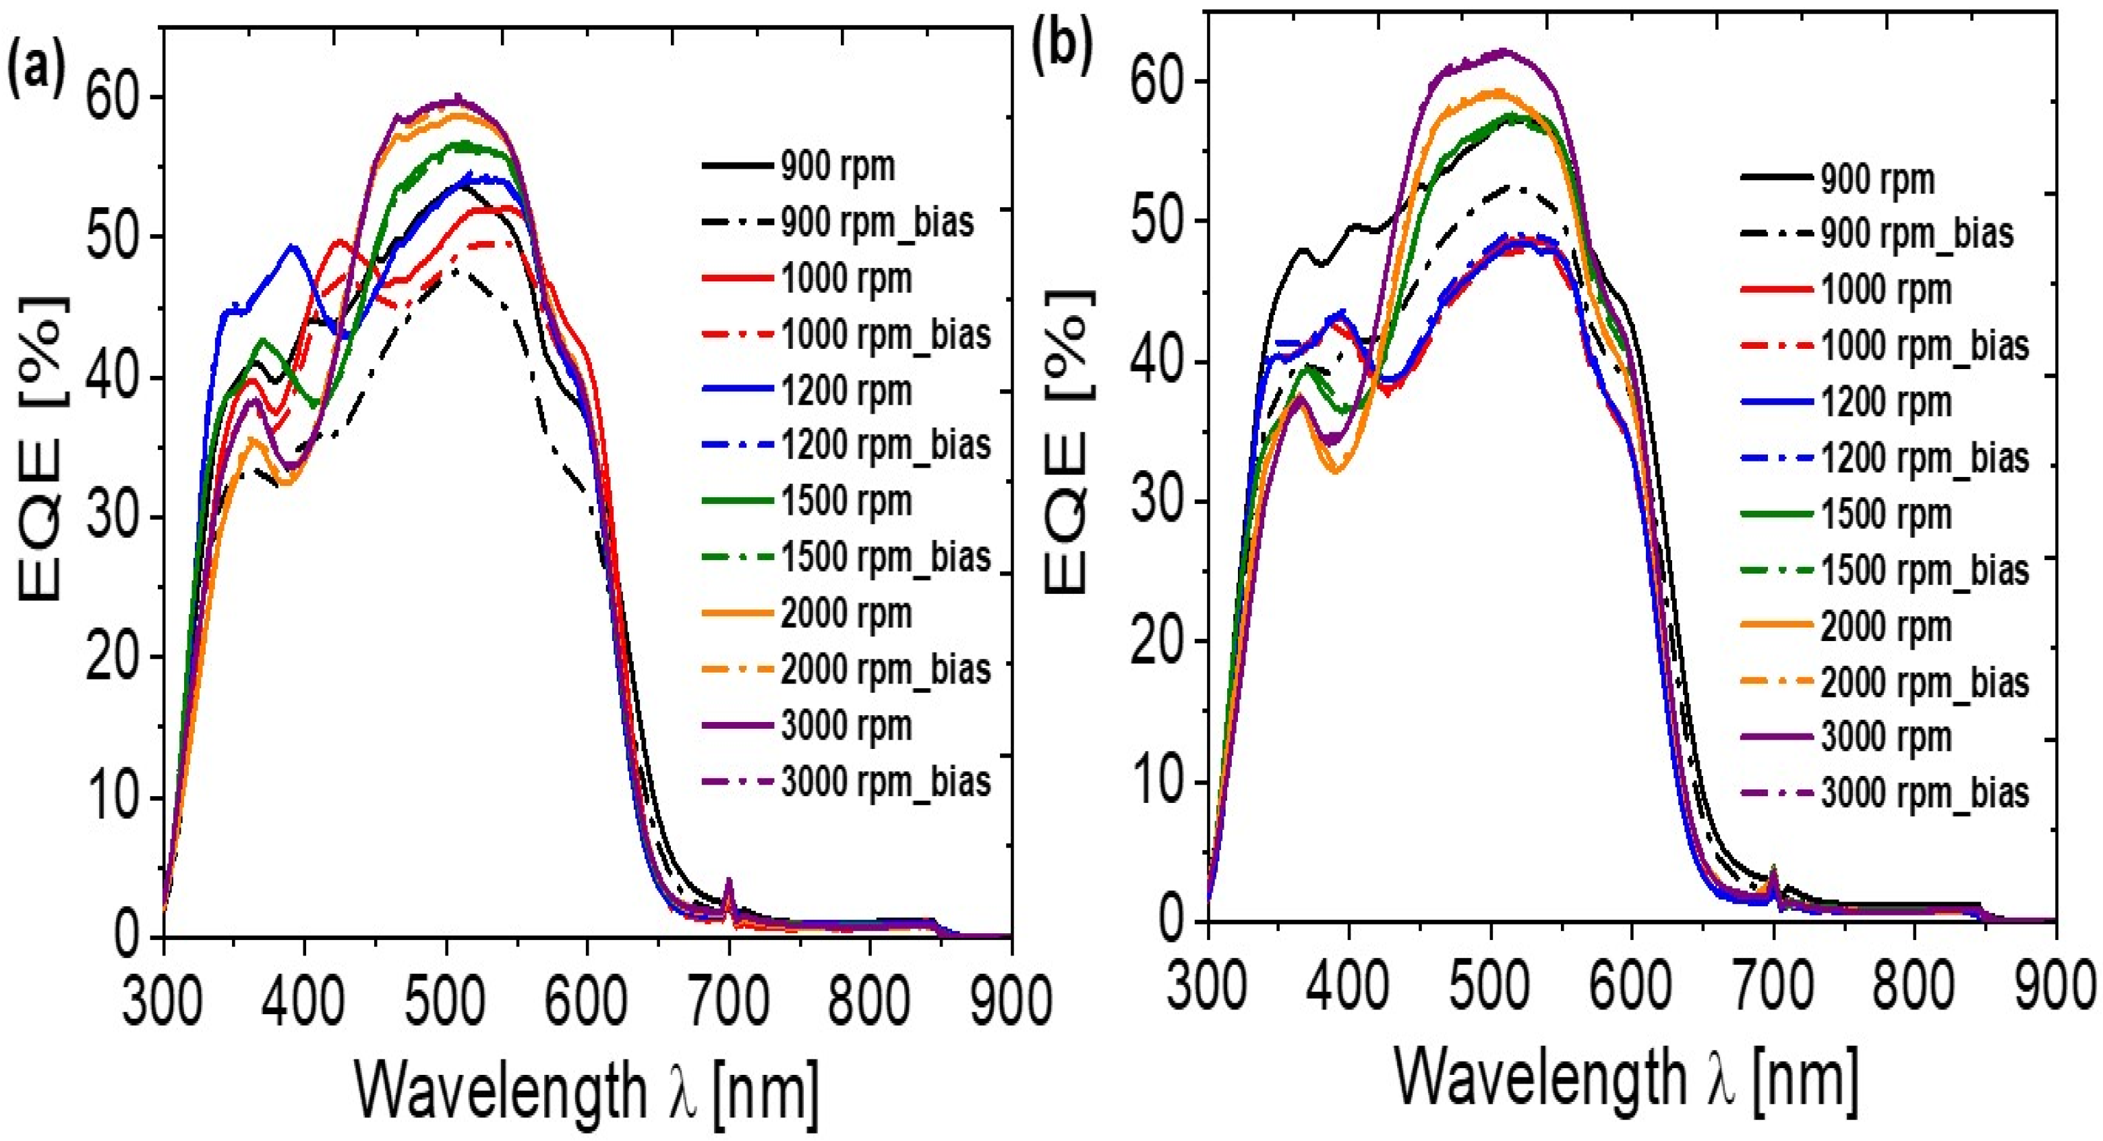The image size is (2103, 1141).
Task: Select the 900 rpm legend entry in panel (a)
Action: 837,167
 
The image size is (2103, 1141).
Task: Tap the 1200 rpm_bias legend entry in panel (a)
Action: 886,445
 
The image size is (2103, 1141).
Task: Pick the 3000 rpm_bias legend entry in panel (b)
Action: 1924,793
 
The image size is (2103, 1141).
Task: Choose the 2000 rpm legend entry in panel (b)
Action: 1886,626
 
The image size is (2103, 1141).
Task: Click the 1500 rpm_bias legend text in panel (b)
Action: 1924,570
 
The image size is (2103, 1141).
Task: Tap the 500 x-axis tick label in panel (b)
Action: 1490,986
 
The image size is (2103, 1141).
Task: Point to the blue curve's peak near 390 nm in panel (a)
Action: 293,246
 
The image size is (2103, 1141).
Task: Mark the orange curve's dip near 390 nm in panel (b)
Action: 1336,471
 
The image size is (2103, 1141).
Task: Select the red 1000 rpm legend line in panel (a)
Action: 737,279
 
